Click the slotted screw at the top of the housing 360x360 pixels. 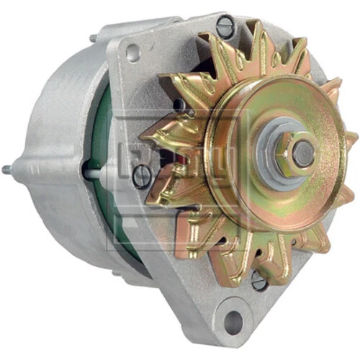[x=225, y=27]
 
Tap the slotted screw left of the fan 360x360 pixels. [x=142, y=175]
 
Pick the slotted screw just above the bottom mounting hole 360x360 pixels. [x=259, y=281]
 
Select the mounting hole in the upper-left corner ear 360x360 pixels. [x=132, y=53]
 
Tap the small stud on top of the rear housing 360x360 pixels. [x=93, y=38]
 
